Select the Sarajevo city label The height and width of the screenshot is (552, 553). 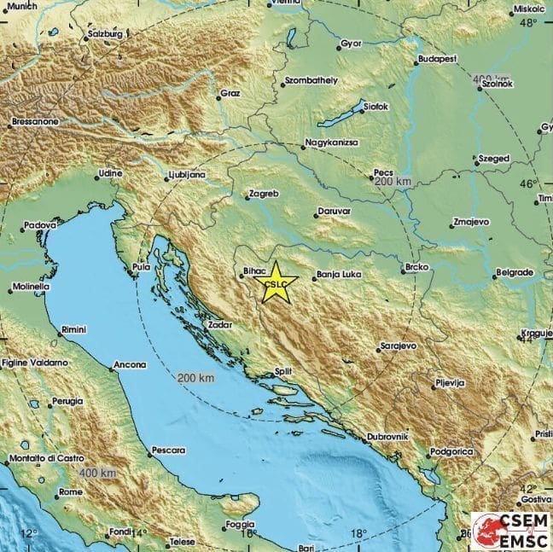(399, 346)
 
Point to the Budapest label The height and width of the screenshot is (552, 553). (437, 60)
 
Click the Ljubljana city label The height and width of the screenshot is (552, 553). (186, 176)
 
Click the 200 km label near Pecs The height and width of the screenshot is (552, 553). (393, 182)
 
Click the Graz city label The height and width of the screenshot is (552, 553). (230, 93)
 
